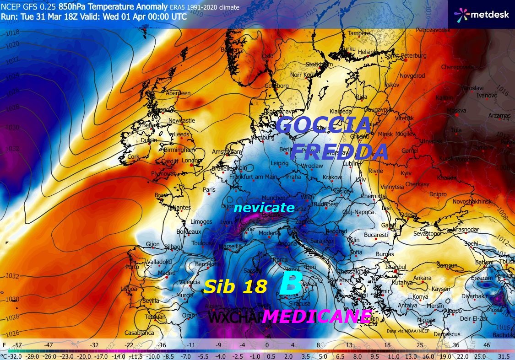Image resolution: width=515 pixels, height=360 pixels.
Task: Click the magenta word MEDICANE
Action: point(316,316)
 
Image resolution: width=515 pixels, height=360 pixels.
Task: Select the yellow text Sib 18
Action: point(235,286)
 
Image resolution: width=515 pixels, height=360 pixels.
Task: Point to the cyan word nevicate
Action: point(264,208)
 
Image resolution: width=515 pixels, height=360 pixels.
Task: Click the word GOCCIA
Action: point(324,125)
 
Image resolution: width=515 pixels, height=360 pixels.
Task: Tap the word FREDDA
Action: point(339,151)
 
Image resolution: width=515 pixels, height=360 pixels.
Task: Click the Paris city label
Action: point(209,190)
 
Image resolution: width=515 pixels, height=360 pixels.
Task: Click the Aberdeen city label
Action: point(178,93)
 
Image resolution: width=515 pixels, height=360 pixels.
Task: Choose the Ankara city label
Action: point(422,278)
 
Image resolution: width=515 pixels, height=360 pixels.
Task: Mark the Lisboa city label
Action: point(129,289)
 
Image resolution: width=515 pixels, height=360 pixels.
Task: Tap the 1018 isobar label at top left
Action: point(12,32)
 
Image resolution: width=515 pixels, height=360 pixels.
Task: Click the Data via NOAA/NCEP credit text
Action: point(409,330)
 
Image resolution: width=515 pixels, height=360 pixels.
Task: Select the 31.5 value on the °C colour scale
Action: point(504,355)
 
